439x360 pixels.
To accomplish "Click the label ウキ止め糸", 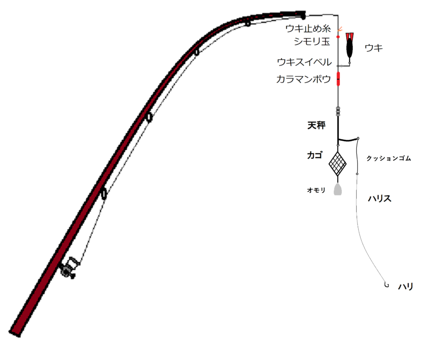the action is (308, 29).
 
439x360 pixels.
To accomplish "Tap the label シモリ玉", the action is (312, 42).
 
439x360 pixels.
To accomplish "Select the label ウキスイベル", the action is (304, 62).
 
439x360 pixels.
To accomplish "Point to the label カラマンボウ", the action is (304, 79).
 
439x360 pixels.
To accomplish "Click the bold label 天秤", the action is (316, 125).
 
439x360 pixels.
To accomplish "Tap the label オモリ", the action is (316, 190).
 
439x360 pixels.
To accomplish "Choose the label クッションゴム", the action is (388, 159).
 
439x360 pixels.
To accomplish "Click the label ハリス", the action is (380, 199).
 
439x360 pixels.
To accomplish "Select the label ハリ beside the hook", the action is (406, 287).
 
